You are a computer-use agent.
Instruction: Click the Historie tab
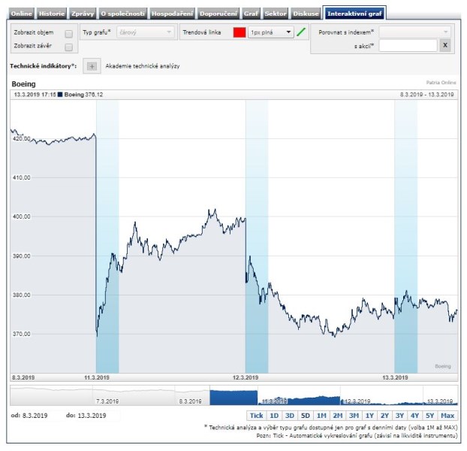(x=52, y=14)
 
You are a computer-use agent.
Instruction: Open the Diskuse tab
(x=306, y=14)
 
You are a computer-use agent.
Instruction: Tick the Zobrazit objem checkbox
(x=69, y=34)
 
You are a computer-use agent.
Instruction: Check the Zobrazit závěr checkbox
(x=69, y=47)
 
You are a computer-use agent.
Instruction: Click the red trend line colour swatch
(x=240, y=33)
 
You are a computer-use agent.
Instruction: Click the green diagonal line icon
(x=301, y=32)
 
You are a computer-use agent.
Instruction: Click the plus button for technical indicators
(x=92, y=66)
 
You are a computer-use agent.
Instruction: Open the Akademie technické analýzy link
(x=143, y=66)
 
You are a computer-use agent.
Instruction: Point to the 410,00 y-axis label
(x=22, y=178)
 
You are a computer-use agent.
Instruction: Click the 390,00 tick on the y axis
(x=22, y=256)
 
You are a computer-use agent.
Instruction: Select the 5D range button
(x=305, y=416)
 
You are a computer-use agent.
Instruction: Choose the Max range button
(x=447, y=416)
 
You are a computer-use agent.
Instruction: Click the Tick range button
(x=256, y=416)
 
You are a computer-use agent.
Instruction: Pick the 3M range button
(x=353, y=416)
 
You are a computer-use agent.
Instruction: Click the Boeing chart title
(x=23, y=83)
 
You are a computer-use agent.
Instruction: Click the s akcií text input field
(x=408, y=46)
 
